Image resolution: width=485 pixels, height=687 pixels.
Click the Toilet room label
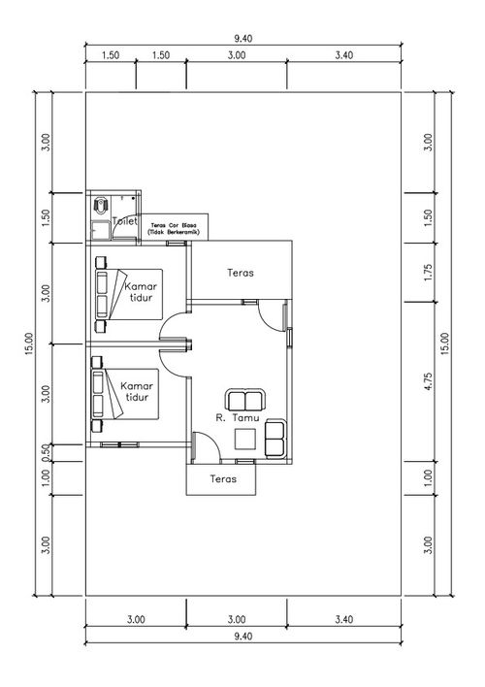click(125, 221)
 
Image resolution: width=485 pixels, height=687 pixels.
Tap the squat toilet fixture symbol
click(101, 206)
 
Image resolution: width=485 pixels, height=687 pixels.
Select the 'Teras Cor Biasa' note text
click(174, 229)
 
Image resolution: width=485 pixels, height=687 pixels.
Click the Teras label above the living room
click(241, 273)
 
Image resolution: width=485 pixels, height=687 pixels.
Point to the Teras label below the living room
click(223, 478)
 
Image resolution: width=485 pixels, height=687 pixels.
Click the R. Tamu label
click(238, 417)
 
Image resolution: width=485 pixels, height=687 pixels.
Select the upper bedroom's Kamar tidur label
click(141, 292)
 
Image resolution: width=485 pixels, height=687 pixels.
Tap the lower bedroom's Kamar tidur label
click(137, 391)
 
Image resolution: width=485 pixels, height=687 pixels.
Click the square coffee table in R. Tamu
click(244, 439)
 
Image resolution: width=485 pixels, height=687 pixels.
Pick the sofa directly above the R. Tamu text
click(244, 400)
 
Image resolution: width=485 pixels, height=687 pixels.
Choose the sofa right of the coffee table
click(275, 439)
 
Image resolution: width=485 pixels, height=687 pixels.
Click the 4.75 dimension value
click(428, 381)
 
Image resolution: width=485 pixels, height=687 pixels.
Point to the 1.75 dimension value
click(428, 273)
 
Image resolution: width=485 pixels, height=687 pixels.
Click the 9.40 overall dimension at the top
click(243, 39)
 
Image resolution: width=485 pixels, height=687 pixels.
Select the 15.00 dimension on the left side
click(29, 343)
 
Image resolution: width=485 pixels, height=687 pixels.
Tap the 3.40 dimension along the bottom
click(344, 619)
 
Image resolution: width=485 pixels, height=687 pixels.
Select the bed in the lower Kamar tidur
click(125, 394)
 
